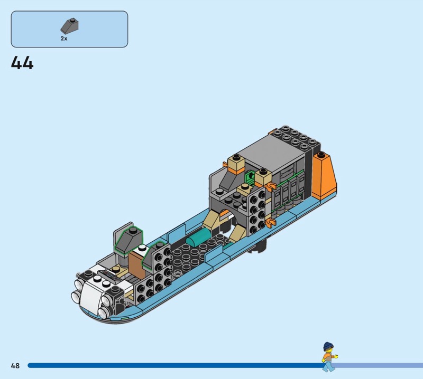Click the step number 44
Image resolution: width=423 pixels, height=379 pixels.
pyautogui.click(x=22, y=63)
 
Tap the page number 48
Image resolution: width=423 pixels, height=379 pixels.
pyautogui.click(x=15, y=365)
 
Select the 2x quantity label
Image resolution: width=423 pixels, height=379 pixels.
pyautogui.click(x=64, y=39)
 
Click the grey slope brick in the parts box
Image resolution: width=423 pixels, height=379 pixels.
pyautogui.click(x=70, y=26)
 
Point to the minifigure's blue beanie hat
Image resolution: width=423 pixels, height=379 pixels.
pyautogui.click(x=328, y=346)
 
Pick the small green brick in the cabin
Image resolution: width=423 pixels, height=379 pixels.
pyautogui.click(x=250, y=178)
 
